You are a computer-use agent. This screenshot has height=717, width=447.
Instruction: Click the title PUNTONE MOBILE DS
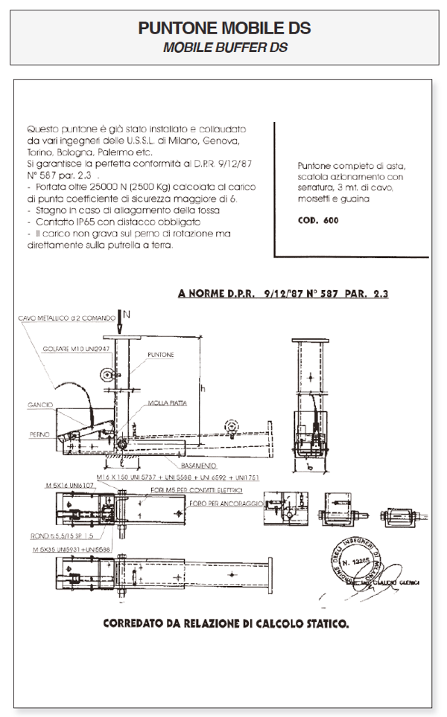click(223, 29)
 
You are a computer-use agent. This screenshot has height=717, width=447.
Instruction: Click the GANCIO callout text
click(41, 405)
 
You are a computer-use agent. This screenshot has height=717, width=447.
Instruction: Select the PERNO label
click(41, 433)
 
